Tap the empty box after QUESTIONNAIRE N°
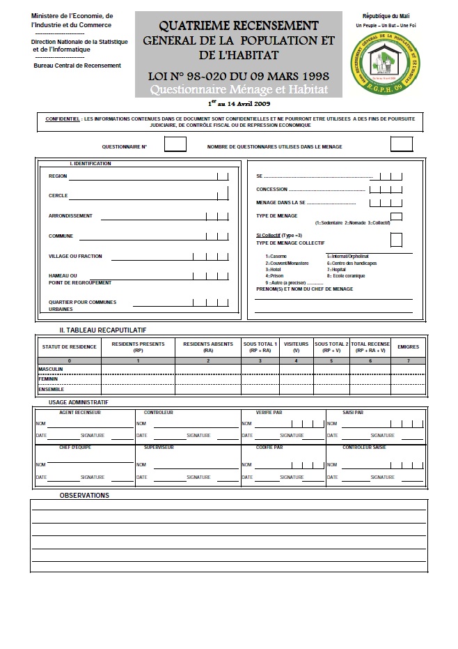[175, 144]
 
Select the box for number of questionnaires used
[401, 144]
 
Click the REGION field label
[58, 176]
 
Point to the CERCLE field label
[58, 196]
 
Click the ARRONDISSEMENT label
[70, 216]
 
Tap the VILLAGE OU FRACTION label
[75, 257]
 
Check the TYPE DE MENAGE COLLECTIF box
[396, 240]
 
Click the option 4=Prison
[276, 276]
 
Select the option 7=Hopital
[337, 270]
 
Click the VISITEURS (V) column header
[296, 346]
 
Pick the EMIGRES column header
[407, 346]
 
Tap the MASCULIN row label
[51, 368]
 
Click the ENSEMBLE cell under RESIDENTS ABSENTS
[207, 389]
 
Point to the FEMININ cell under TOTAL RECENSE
[369, 379]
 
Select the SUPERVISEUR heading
[158, 447]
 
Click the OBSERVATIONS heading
[84, 496]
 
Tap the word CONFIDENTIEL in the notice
[61, 120]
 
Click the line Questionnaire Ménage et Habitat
[239, 91]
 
